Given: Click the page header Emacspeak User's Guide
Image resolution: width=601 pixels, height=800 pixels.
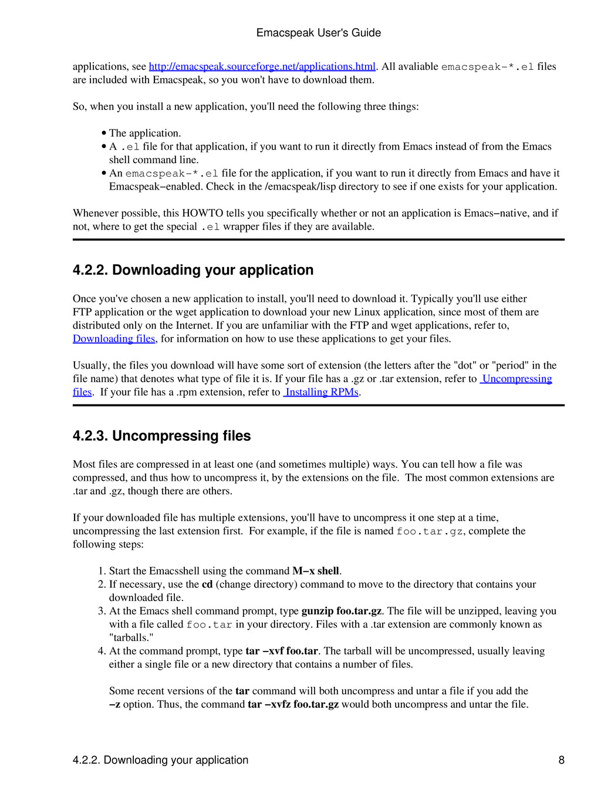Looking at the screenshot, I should coord(318,33).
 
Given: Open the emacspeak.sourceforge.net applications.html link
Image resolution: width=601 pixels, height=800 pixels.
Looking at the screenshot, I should coord(262,66).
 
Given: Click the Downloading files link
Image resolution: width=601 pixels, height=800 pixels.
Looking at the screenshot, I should coord(114,339).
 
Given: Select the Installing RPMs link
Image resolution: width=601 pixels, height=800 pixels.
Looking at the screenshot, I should coord(322,392).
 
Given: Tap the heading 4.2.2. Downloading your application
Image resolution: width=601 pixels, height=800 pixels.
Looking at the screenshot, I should coord(193,270).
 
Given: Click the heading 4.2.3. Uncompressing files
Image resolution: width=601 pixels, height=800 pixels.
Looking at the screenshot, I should coord(161,436).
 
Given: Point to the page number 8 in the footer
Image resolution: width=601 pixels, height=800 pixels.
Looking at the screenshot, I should coord(561,760).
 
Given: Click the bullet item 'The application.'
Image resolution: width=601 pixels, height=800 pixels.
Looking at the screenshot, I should coord(144,133).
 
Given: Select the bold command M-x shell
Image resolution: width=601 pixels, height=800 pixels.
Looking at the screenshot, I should coord(316,571).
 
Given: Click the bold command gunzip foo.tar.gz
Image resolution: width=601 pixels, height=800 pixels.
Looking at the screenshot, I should coord(342,611).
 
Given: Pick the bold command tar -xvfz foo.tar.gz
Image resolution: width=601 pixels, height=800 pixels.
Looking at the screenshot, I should coord(293,704).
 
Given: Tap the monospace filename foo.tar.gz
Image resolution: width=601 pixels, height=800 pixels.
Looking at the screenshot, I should coord(430,532).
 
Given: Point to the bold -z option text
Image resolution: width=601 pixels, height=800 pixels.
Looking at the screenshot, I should coord(115,704).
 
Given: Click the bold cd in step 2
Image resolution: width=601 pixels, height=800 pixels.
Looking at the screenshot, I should coord(207,585).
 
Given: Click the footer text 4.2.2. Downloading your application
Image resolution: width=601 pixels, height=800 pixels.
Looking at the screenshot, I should coord(160,760).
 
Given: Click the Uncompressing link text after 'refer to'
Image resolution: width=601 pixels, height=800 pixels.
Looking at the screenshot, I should coord(516,379).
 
